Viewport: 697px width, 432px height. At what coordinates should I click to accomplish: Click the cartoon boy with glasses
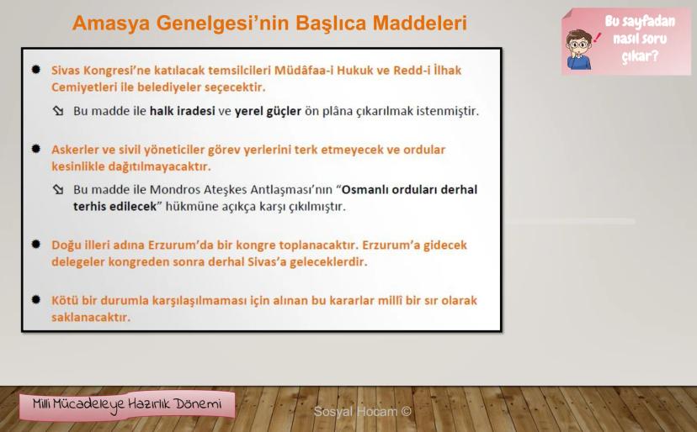coord(579,50)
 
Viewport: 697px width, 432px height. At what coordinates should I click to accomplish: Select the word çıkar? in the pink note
coord(640,56)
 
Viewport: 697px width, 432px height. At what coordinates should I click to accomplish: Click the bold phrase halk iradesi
coord(183,111)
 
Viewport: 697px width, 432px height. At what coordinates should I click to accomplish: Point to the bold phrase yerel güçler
coord(268,111)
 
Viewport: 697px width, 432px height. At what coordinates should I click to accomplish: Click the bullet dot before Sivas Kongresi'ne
coord(36,69)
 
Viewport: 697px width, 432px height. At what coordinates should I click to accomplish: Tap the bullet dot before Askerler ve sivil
coord(36,149)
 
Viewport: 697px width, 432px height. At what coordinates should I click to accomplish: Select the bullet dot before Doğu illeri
coord(36,245)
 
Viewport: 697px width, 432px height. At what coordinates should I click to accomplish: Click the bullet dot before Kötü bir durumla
coord(36,300)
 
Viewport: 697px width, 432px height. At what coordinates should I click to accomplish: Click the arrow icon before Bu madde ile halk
coord(58,111)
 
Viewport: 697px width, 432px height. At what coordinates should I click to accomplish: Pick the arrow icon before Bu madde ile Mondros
coord(58,190)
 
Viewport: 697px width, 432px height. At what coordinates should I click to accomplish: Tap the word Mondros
coord(175,190)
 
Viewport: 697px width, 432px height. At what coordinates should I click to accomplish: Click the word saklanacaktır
coord(91,317)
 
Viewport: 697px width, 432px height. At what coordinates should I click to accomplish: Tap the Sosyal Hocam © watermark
coord(362,412)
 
